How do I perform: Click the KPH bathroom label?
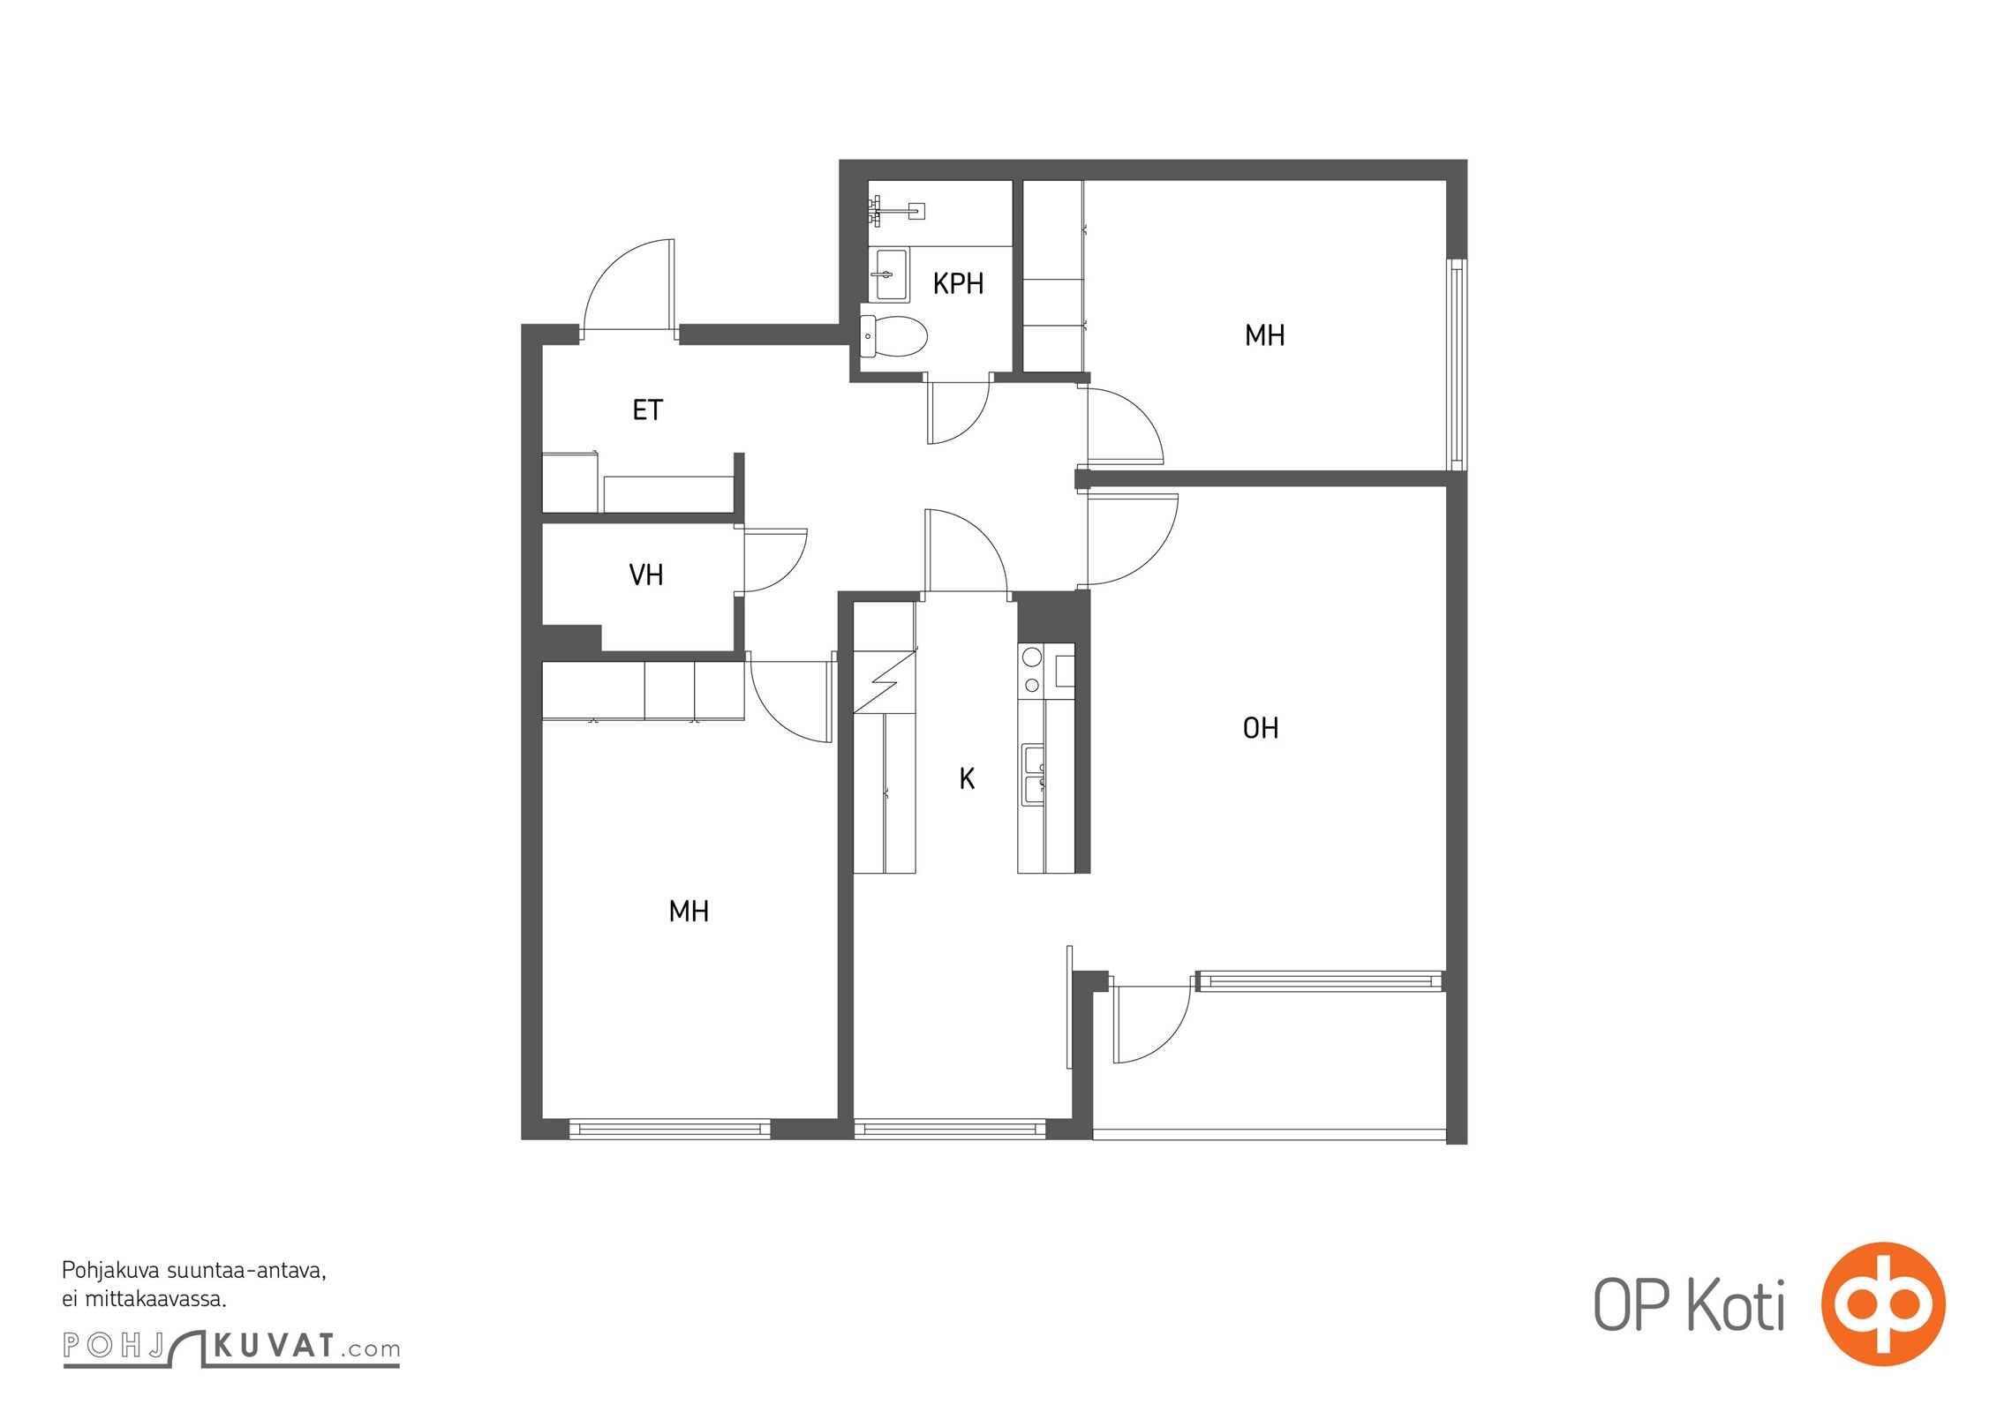(958, 283)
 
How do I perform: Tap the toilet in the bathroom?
(893, 336)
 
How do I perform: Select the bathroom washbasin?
(889, 274)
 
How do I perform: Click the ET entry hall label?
(647, 410)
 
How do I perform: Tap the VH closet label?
(645, 575)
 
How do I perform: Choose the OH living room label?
(1260, 728)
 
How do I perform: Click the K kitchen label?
(967, 778)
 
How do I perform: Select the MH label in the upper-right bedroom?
(1264, 335)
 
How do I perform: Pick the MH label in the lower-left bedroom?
(689, 911)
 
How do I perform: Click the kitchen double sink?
(1033, 775)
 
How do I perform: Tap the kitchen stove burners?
(1031, 670)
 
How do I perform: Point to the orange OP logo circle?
(1883, 1303)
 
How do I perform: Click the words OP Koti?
(1689, 1305)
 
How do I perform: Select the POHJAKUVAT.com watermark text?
(231, 1347)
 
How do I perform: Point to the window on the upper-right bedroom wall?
(1457, 364)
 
